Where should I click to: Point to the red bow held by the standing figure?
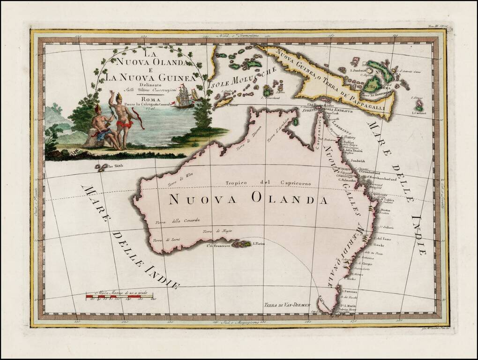[x=138, y=119]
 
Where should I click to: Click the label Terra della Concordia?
[x=178, y=220]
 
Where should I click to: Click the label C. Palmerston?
[x=349, y=180]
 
